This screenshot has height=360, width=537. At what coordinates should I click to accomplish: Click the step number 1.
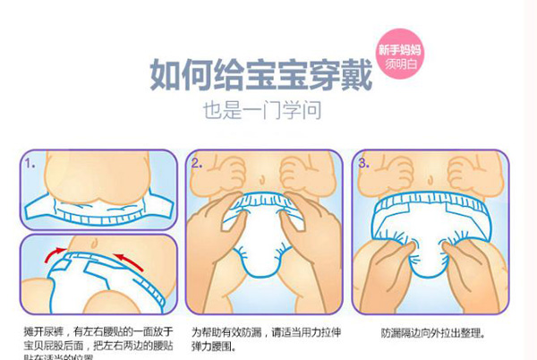(30, 164)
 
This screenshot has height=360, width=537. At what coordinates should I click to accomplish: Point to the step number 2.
(197, 164)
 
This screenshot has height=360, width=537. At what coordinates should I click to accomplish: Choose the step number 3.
(363, 164)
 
